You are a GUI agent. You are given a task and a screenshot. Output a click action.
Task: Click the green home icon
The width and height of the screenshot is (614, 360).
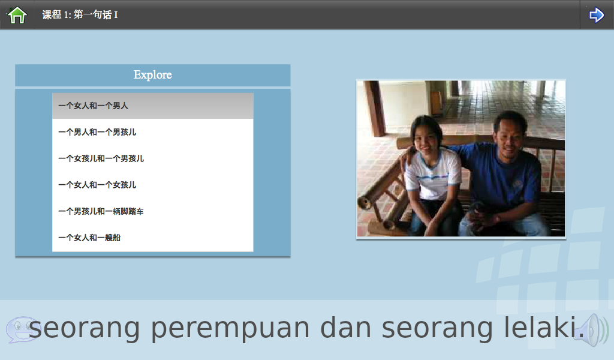[17, 15]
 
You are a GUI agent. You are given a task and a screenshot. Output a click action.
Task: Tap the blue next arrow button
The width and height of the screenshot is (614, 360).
[597, 15]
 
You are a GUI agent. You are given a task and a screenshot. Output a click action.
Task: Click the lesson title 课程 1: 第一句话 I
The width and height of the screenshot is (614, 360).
[80, 15]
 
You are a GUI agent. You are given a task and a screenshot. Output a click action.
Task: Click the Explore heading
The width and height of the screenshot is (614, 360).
[153, 75]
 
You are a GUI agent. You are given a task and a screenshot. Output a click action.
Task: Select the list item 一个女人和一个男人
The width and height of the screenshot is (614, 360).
[93, 106]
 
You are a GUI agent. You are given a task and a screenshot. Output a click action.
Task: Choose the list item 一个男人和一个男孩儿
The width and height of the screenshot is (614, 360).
[97, 132]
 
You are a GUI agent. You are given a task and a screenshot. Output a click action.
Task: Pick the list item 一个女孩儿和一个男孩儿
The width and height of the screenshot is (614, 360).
[101, 158]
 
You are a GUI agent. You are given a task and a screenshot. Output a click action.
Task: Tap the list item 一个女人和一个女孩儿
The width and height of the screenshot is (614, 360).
[97, 185]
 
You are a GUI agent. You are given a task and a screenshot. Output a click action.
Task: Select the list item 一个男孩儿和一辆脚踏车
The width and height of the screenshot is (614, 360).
[101, 212]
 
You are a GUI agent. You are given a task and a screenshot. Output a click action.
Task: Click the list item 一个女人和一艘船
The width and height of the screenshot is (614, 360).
[89, 238]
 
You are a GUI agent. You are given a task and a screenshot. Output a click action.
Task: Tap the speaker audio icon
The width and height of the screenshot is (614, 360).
[594, 330]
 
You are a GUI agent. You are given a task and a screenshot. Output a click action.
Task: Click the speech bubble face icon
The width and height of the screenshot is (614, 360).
[22, 329]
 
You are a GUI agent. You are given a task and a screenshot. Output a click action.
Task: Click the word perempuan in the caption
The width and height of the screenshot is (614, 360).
[230, 329]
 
